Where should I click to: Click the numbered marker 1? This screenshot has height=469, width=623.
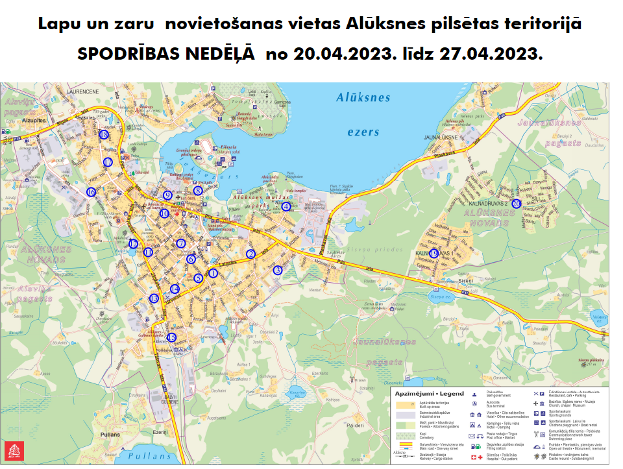click(x=214, y=273)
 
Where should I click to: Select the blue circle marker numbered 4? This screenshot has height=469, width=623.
click(x=286, y=207)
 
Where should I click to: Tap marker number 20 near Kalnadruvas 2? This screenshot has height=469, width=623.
click(x=517, y=203)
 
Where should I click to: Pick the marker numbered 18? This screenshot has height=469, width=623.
click(x=104, y=134)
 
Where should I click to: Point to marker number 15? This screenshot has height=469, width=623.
click(x=172, y=337)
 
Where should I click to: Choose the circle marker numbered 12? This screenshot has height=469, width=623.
click(x=133, y=244)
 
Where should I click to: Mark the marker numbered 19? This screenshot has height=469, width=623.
click(x=434, y=253)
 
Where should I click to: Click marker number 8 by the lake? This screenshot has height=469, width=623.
click(x=198, y=191)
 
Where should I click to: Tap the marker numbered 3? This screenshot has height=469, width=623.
click(x=278, y=270)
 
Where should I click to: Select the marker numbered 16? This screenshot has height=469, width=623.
click(x=92, y=192)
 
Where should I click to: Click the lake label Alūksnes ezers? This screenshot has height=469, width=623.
click(x=363, y=114)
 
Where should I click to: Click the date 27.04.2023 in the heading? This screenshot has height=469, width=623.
click(x=491, y=54)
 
